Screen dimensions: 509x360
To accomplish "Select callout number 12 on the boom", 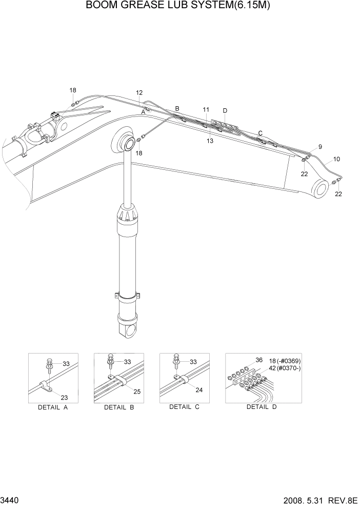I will [139, 93].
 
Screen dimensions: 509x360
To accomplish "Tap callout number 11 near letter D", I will [206, 110].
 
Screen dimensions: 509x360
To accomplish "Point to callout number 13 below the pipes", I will [210, 141].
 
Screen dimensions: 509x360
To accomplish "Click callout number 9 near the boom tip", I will [320, 147].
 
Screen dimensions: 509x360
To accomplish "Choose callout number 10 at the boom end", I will [336, 160].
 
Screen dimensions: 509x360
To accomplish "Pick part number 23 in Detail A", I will [64, 397].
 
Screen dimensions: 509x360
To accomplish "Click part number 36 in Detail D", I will [259, 360].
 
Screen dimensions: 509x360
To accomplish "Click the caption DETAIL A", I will [53, 407].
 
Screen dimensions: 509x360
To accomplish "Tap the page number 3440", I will [10, 499].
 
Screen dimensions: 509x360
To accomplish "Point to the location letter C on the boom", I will [261, 133].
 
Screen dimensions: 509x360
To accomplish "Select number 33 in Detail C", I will [193, 362].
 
